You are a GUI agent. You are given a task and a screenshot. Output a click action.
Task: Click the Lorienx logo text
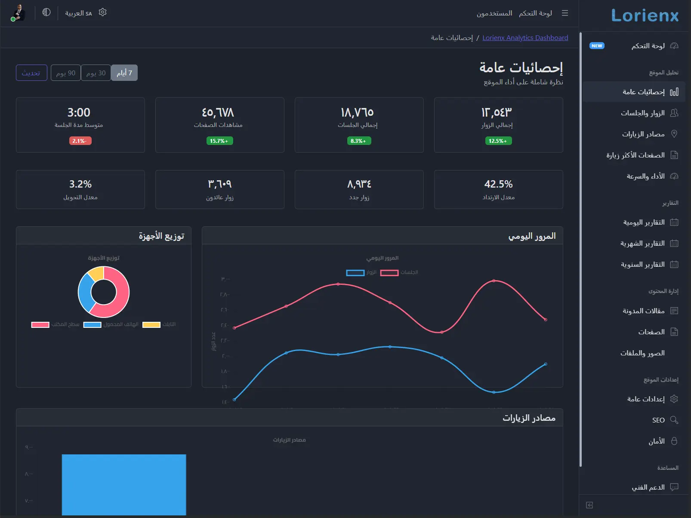[x=645, y=15]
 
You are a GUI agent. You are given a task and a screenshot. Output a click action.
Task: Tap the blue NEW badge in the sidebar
[x=597, y=46]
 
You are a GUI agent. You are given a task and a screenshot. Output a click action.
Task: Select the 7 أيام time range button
[x=124, y=73]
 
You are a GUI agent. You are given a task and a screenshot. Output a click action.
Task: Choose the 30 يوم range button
[x=96, y=73]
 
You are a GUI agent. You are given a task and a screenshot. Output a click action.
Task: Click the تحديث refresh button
[x=31, y=73]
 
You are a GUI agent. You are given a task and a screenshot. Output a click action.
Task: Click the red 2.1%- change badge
[x=80, y=141]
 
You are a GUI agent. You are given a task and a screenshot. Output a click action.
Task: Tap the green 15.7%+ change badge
[x=219, y=141]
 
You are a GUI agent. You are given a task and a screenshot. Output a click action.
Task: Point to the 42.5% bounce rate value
[x=498, y=184]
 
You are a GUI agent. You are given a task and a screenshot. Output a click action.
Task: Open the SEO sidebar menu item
[x=658, y=420]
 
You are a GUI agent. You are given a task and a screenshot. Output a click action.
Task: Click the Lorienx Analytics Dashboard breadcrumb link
[x=525, y=38]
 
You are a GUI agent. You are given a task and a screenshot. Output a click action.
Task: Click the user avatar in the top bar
[x=19, y=12]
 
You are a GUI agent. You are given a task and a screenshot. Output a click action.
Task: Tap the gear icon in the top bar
[x=102, y=12]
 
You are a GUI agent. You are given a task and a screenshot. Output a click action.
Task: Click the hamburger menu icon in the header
[x=565, y=13]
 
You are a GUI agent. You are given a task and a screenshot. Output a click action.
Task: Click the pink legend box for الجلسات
[x=389, y=273]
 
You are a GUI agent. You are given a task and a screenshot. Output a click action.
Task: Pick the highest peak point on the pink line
[x=494, y=281]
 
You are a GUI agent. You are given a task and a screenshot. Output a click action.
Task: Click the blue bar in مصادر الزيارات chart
[x=124, y=484]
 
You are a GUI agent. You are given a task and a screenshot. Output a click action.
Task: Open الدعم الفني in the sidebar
[x=648, y=487]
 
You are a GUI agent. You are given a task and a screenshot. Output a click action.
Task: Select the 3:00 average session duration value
[x=79, y=113]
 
